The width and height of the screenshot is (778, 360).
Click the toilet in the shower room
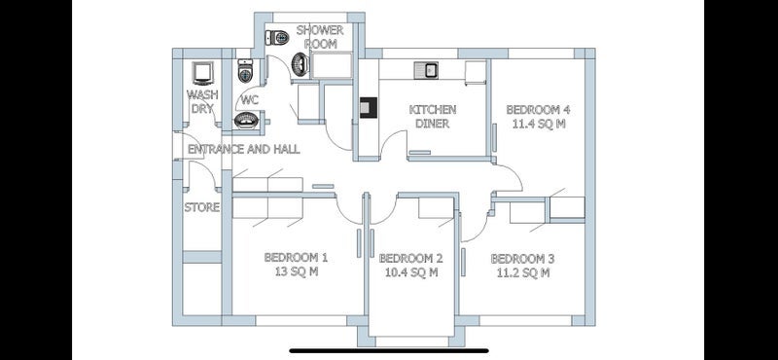(x=277, y=37)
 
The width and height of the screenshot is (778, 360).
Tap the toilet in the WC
(x=246, y=70)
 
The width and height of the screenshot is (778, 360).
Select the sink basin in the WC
(x=246, y=121)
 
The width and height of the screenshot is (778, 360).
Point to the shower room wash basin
(x=300, y=64)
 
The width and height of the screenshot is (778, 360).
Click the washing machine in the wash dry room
(x=203, y=74)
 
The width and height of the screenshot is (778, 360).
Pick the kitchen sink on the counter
(x=425, y=70)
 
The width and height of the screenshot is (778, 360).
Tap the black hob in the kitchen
(x=369, y=108)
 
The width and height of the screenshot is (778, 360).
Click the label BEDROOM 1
(x=296, y=258)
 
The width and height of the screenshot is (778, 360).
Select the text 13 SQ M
(x=296, y=272)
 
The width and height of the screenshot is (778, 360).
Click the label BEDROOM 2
(x=410, y=258)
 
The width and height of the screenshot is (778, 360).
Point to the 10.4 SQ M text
(x=411, y=272)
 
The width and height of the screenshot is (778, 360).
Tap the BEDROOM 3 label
(x=522, y=259)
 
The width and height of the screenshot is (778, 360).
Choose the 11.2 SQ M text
(x=522, y=272)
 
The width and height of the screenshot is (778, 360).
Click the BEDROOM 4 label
(x=539, y=109)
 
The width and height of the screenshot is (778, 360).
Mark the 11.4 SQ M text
(x=539, y=124)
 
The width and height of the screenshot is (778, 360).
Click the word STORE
(x=202, y=207)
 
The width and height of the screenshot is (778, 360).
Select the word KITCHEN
(x=432, y=109)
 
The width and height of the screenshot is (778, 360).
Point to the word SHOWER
(x=320, y=30)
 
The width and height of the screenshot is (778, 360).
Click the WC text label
(x=250, y=101)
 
